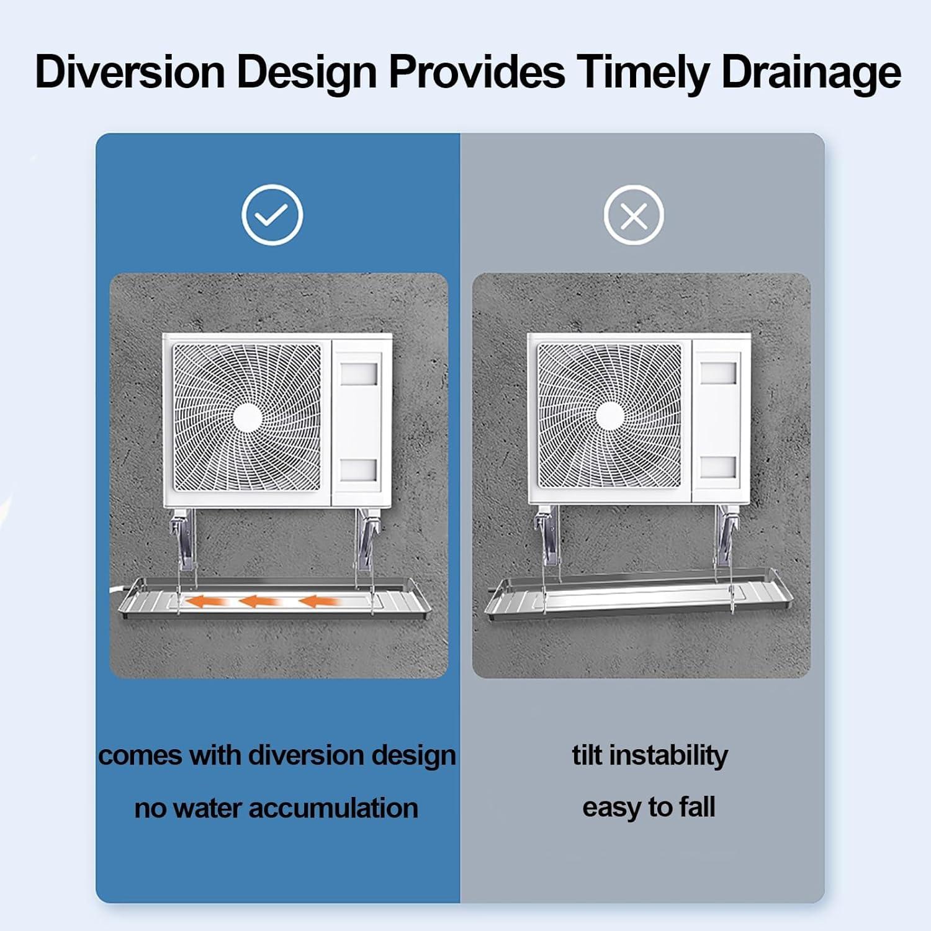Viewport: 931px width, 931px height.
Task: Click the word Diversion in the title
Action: click(x=130, y=73)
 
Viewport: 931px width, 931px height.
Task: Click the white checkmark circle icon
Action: click(x=272, y=215)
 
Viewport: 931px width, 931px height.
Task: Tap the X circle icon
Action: click(x=634, y=215)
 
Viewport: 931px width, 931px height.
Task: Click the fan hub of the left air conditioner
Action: click(x=248, y=416)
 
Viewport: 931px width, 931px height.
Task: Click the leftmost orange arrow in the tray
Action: click(x=204, y=601)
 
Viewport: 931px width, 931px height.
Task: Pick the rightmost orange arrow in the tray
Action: click(x=318, y=601)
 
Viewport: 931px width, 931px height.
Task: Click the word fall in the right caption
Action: click(x=697, y=807)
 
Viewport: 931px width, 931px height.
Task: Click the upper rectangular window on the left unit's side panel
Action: click(x=359, y=374)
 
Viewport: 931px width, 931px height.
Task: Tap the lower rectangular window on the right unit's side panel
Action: click(x=718, y=467)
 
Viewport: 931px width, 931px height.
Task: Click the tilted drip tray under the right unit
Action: click(x=639, y=599)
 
